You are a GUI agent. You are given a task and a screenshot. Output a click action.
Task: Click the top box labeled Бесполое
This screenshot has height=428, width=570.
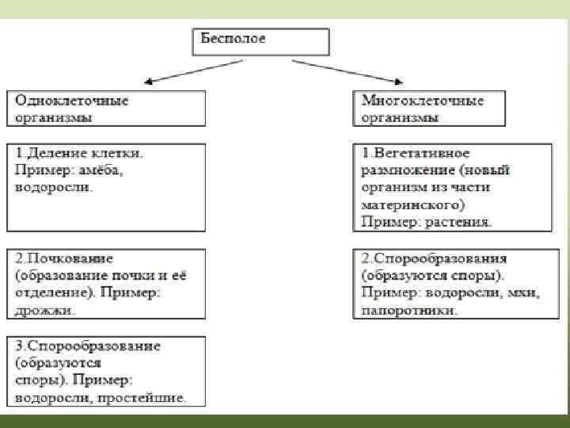260,40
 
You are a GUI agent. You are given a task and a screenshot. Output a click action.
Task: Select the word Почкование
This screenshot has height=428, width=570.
68,258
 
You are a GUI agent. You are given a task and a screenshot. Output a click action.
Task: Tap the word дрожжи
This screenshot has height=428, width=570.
45,311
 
